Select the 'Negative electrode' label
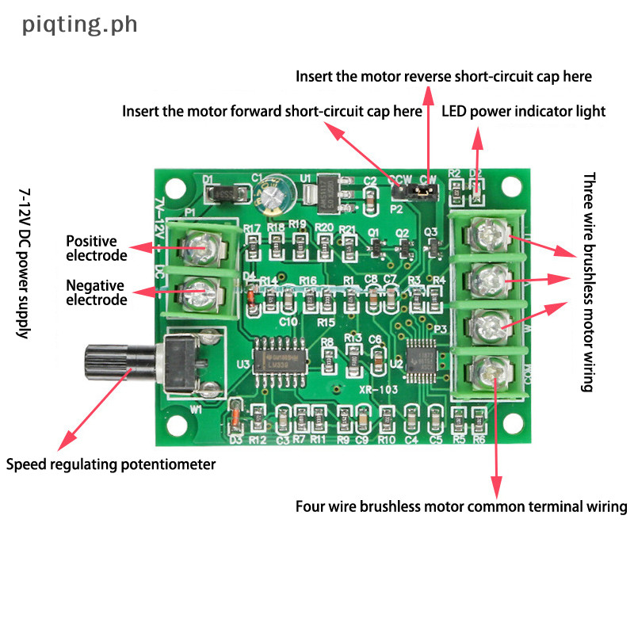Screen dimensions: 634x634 point(96,292)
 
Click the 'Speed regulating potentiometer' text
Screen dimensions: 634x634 point(111,464)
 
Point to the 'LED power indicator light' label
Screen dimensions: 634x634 point(524,112)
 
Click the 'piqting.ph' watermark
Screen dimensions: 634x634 point(80,25)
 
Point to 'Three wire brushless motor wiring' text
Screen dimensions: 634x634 point(587,282)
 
